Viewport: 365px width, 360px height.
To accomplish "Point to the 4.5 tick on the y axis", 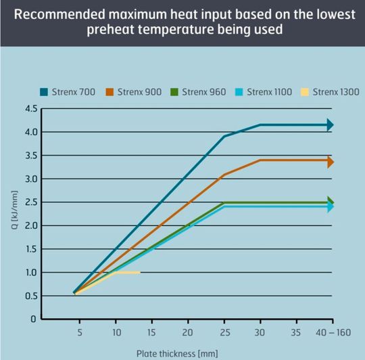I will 30,109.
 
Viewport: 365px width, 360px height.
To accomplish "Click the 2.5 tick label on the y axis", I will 30,202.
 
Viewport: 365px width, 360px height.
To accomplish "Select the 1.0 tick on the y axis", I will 30,272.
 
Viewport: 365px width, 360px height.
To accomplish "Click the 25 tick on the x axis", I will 224,332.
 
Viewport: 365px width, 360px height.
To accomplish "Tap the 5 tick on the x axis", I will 79,332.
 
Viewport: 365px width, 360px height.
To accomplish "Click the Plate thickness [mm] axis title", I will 177,353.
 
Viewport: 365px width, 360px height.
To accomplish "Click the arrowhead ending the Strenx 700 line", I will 330,125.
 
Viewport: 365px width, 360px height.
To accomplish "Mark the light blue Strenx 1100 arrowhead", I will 330,206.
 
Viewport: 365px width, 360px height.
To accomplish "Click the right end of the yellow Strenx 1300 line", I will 139,272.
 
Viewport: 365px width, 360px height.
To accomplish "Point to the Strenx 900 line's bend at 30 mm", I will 260,161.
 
